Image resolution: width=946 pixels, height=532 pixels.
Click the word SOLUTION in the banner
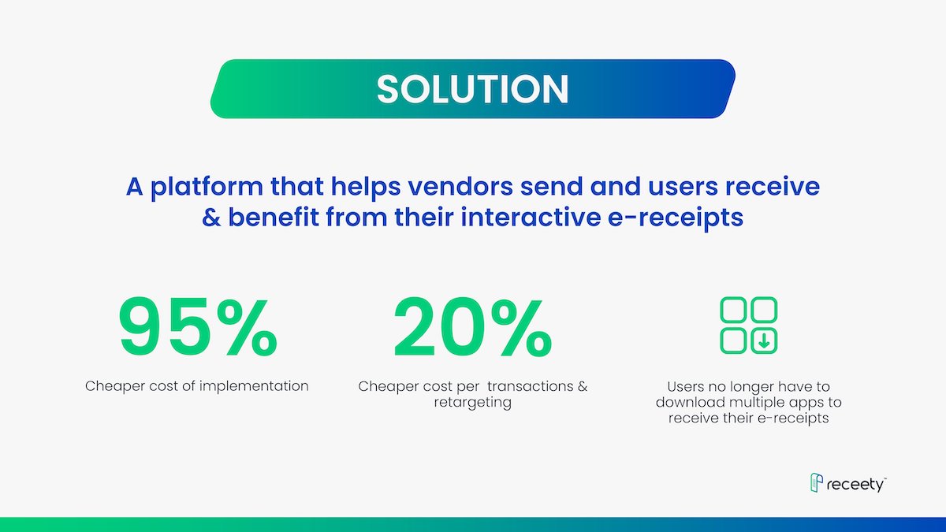(472, 89)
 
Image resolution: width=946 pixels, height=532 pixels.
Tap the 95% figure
(198, 327)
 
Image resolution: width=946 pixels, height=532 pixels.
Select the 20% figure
(472, 327)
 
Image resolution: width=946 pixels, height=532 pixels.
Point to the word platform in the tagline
(207, 188)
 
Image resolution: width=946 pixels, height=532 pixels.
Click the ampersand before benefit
(211, 218)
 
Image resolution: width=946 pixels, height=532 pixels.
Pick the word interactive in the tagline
(531, 218)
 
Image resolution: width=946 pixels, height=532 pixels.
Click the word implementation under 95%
(254, 386)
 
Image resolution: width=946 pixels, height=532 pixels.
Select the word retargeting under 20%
(472, 403)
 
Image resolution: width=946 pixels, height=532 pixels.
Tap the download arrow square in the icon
(764, 340)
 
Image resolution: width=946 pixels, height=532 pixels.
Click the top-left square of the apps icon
(733, 310)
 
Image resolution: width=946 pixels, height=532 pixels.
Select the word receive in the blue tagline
(773, 187)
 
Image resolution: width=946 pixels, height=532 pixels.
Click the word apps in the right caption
(804, 404)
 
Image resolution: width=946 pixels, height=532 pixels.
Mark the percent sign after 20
(523, 327)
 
